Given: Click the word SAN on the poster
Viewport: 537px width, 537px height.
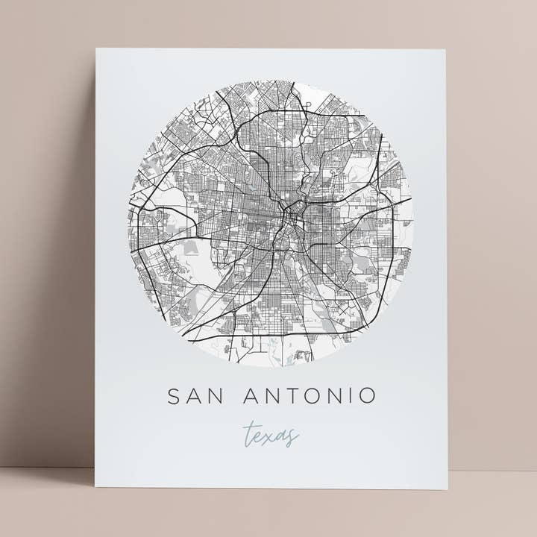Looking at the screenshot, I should point(192,395).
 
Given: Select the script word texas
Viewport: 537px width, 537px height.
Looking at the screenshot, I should point(270,434).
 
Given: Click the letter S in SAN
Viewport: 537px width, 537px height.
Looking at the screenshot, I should point(174,395).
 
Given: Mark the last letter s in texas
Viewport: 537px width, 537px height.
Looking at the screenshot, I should point(293,436).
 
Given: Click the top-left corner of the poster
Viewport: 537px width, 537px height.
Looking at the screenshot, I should point(96,49).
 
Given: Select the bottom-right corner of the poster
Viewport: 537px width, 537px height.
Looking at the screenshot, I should point(447,489).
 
